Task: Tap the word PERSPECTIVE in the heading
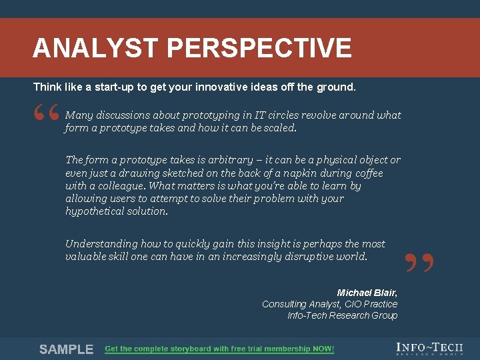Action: pyautogui.click(x=259, y=48)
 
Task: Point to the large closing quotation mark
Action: pyautogui.click(x=419, y=263)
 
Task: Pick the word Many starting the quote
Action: pyautogui.click(x=79, y=115)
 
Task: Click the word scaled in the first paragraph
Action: pyautogui.click(x=279, y=128)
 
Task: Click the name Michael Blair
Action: pyautogui.click(x=367, y=293)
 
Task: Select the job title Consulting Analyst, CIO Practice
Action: pyautogui.click(x=329, y=304)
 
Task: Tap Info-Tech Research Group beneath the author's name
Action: pyautogui.click(x=342, y=315)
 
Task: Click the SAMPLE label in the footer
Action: pyautogui.click(x=66, y=349)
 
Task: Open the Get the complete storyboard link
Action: pyautogui.click(x=219, y=349)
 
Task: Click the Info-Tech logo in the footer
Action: pyautogui.click(x=429, y=349)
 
